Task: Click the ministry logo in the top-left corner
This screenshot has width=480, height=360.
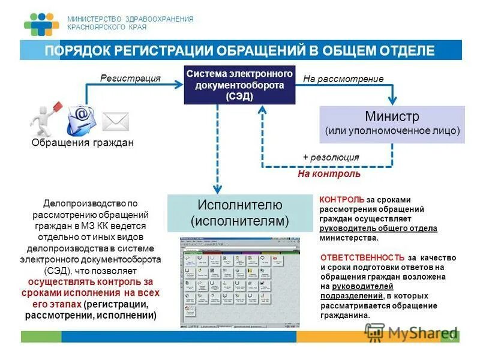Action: (41, 23)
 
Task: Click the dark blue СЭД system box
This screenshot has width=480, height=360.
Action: (239, 85)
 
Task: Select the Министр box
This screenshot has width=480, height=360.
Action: (392, 124)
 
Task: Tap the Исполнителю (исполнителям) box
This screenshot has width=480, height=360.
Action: (239, 212)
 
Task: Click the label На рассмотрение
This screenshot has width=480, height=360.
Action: (343, 79)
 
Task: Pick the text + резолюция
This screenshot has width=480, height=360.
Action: (331, 157)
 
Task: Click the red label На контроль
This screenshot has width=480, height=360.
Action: (329, 173)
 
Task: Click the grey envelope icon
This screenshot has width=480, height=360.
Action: (115, 121)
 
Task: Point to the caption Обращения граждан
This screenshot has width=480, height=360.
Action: (82, 143)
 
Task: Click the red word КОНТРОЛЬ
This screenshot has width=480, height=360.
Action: (341, 199)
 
